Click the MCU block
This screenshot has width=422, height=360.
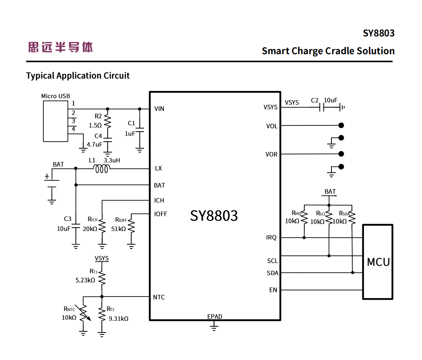coord(378,262)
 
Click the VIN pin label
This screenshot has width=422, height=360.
coord(159,109)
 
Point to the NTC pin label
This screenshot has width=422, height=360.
coord(159,297)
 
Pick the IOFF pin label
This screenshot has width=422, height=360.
coord(161,214)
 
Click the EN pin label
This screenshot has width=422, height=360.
coord(273,290)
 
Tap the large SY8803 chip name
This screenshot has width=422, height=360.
coord(214,216)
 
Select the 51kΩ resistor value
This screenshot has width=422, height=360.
coord(118,229)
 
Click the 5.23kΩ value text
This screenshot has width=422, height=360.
coord(85,280)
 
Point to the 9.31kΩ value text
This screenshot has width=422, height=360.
coord(118,319)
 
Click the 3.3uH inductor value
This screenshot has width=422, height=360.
coord(112,160)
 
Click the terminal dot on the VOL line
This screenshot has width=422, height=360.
coord(341,125)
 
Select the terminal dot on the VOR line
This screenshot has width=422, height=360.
coord(341,154)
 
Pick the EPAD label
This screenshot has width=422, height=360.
coord(214,317)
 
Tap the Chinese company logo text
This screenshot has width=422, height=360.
coord(60,47)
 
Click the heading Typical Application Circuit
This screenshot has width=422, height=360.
coord(78,75)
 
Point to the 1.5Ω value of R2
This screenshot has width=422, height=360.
coord(95,125)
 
